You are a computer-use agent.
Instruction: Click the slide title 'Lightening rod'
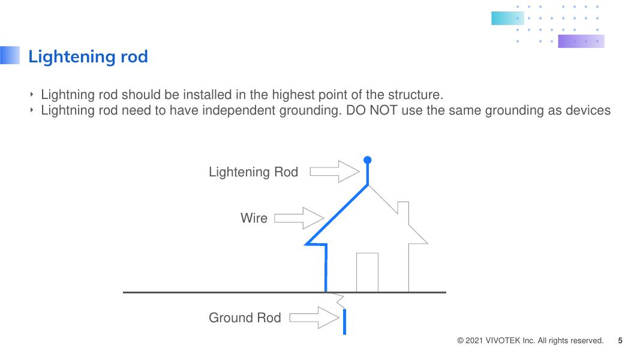[x=88, y=57]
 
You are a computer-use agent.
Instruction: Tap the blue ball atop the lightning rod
[x=368, y=160]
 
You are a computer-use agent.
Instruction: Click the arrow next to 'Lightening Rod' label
[x=333, y=172]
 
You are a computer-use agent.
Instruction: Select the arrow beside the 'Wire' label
[x=299, y=218]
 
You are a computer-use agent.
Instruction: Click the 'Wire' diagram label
[x=254, y=218]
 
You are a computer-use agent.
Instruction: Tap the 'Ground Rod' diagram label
[x=245, y=318]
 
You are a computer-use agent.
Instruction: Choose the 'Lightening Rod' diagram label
[x=253, y=172]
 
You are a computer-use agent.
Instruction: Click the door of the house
[x=367, y=272]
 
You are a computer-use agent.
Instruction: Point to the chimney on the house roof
[x=402, y=210]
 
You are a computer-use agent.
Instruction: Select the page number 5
[x=620, y=341]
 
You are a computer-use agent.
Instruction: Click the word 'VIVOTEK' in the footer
[x=502, y=341]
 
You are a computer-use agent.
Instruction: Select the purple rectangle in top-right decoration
[x=581, y=41]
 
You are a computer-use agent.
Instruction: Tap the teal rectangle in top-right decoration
[x=507, y=18]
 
